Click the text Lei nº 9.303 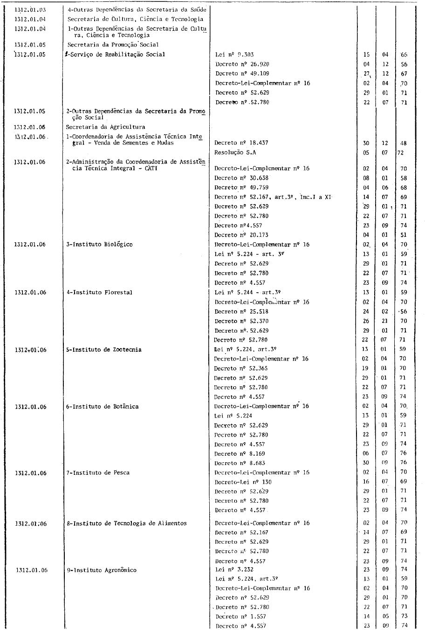coord(234,55)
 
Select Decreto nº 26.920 coord(242,64)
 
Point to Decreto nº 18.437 coord(241,143)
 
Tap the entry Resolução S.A coord(235,152)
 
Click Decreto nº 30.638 coord(241,178)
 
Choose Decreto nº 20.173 coord(241,235)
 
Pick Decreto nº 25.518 coord(241,311)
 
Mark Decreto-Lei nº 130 coord(243,482)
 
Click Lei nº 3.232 coord(234,569)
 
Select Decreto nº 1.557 coord(240,616)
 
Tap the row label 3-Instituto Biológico coord(99,245)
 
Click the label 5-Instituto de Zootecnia coord(103,349)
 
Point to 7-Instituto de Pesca coord(98,472)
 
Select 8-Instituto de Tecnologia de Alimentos coord(126,523)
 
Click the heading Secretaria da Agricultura coord(105,127)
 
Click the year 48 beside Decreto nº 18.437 coord(404,143)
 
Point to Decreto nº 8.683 coord(241,463)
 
